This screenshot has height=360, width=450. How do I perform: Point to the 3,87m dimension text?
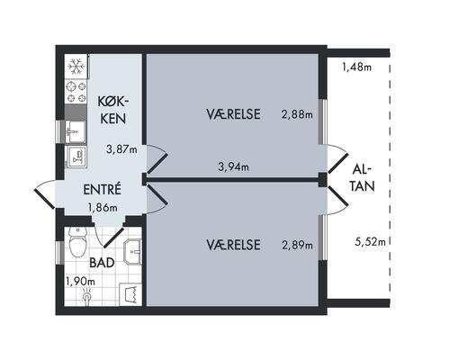[121, 149]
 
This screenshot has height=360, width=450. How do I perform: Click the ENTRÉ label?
[102, 190]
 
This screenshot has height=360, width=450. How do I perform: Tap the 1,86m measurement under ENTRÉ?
[103, 207]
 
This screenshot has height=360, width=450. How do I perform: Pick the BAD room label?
[102, 265]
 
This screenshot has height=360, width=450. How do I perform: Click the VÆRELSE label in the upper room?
[233, 114]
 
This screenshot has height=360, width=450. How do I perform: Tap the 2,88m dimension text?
[297, 114]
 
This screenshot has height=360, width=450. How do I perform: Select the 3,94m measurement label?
[233, 166]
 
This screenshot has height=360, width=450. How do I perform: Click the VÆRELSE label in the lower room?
[233, 245]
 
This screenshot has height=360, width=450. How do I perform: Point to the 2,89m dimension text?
[297, 245]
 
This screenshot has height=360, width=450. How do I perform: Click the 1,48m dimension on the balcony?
[357, 66]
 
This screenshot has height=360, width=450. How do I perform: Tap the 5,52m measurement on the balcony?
[370, 241]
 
